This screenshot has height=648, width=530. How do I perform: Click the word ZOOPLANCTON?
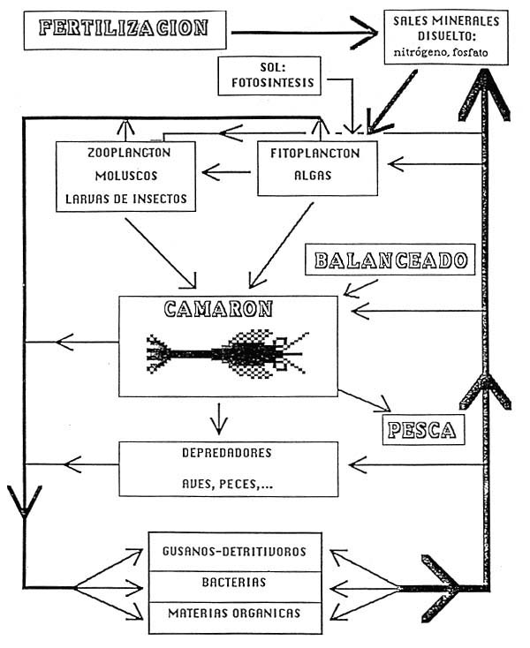pyautogui.click(x=130, y=153)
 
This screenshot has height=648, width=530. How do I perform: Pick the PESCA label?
pyautogui.click(x=420, y=430)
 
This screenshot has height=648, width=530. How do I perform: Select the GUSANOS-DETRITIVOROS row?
pyautogui.click(x=234, y=552)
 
